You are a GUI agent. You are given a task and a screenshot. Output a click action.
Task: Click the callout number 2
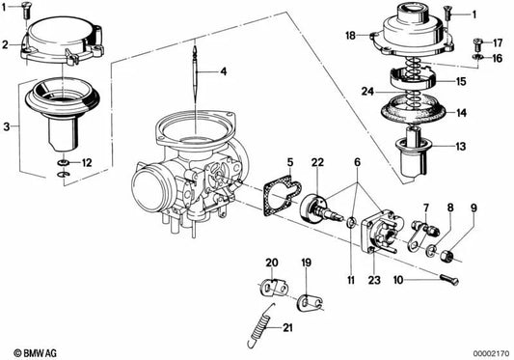(6, 44)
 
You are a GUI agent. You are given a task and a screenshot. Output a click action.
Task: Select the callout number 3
(7, 126)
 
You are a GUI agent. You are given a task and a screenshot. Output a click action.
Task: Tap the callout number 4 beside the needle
(223, 71)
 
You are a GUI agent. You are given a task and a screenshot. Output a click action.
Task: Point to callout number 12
(87, 161)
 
